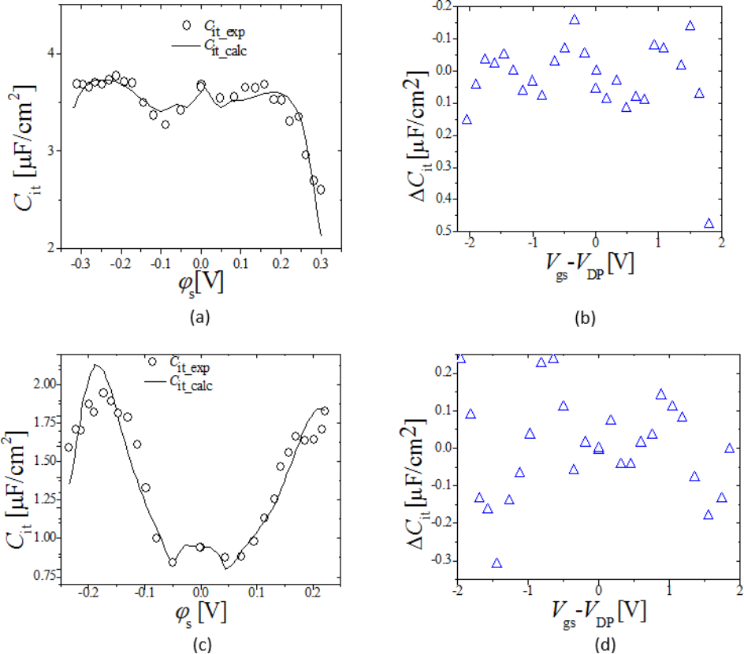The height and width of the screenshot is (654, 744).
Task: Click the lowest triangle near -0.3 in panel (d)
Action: click(497, 563)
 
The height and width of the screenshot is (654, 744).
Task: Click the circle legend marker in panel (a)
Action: click(187, 24)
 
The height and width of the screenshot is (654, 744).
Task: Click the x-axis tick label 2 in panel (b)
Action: click(721, 244)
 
